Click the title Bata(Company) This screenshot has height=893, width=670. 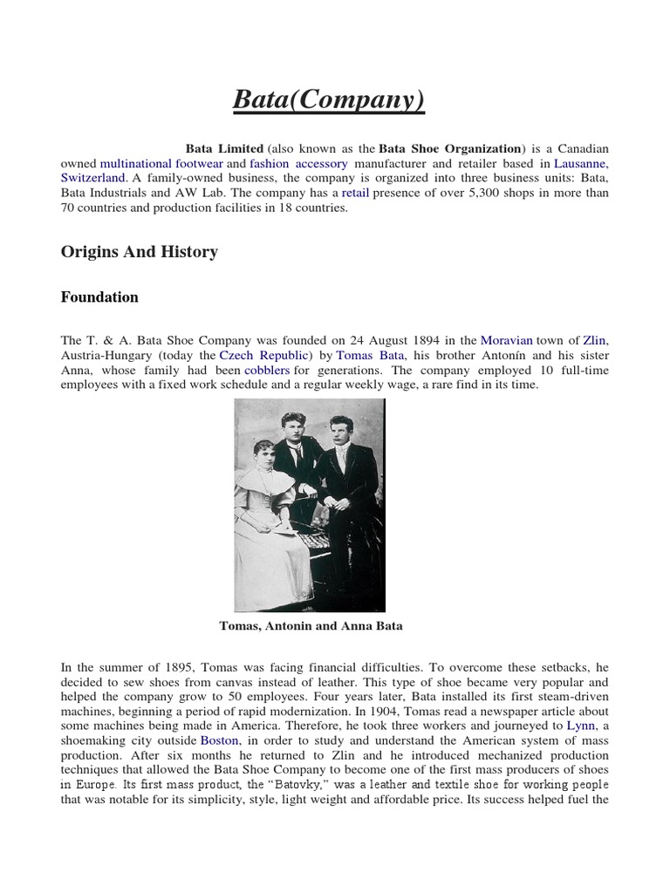pyautogui.click(x=328, y=101)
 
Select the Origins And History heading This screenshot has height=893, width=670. pyautogui.click(x=139, y=252)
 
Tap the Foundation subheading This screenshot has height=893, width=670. pyautogui.click(x=99, y=297)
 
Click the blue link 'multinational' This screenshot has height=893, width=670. pyautogui.click(x=136, y=163)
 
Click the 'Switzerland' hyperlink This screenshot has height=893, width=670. pyautogui.click(x=93, y=178)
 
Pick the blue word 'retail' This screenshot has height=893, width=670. pyautogui.click(x=355, y=193)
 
